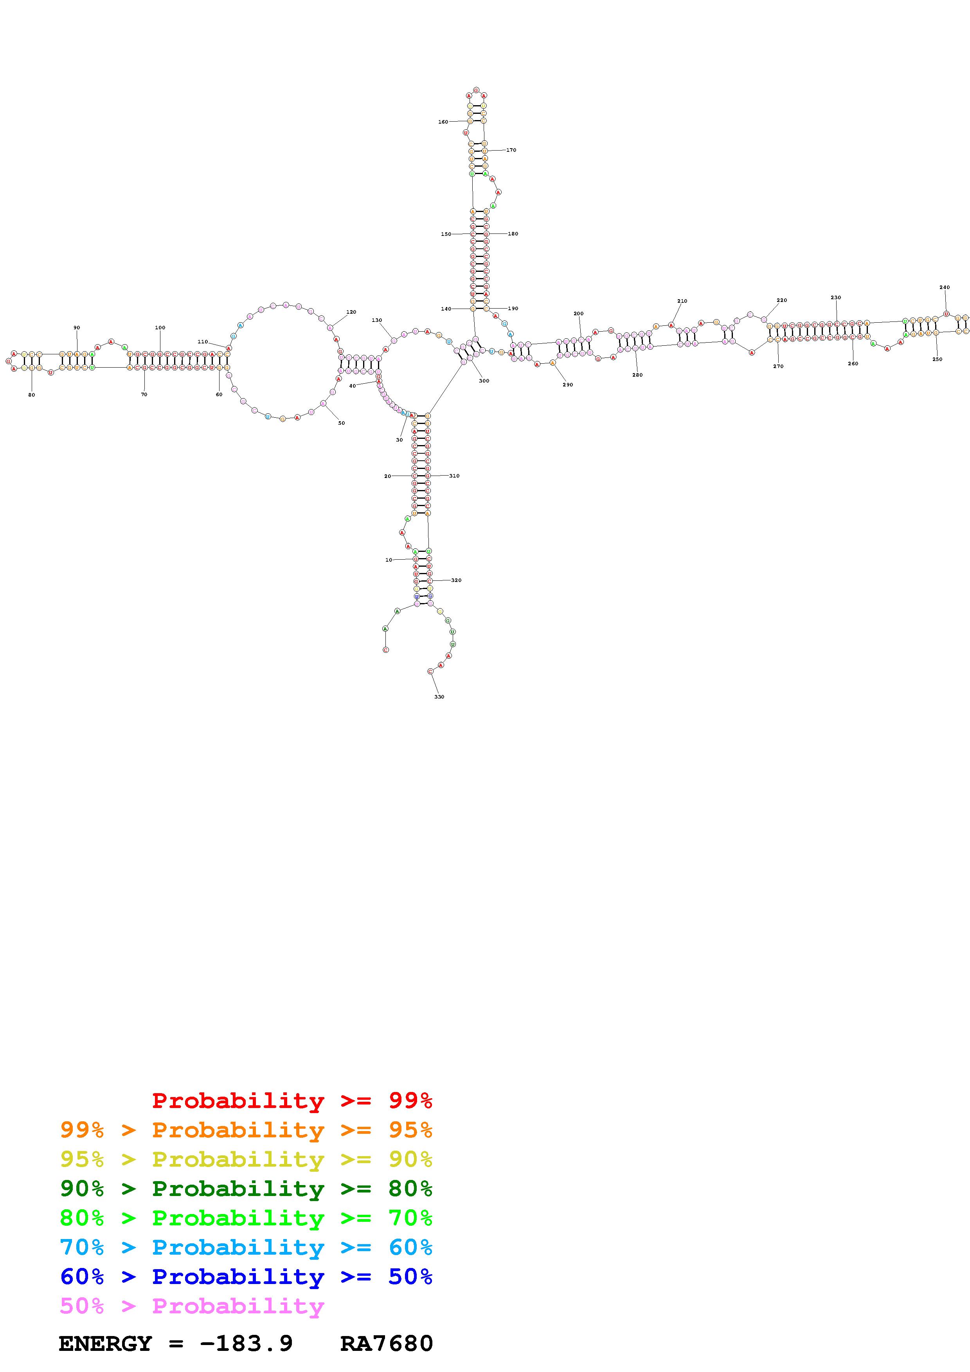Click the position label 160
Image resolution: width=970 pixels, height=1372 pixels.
click(443, 122)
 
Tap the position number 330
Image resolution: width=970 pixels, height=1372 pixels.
click(439, 697)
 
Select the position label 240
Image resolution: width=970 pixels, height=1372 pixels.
click(944, 287)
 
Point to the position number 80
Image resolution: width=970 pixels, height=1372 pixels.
click(32, 395)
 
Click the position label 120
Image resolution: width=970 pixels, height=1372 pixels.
click(351, 312)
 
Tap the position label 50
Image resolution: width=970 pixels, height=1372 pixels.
click(341, 423)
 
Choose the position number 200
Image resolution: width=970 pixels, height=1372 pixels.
click(579, 313)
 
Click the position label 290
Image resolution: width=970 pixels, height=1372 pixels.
click(568, 385)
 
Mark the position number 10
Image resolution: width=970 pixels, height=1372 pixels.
click(389, 560)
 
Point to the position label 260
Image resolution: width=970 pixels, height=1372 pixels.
click(853, 363)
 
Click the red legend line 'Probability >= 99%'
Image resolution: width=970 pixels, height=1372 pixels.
click(292, 1101)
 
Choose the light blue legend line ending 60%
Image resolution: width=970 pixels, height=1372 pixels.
click(246, 1247)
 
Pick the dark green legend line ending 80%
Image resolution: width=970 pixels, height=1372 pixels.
click(246, 1189)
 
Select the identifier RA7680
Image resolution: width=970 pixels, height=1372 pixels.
click(386, 1343)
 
